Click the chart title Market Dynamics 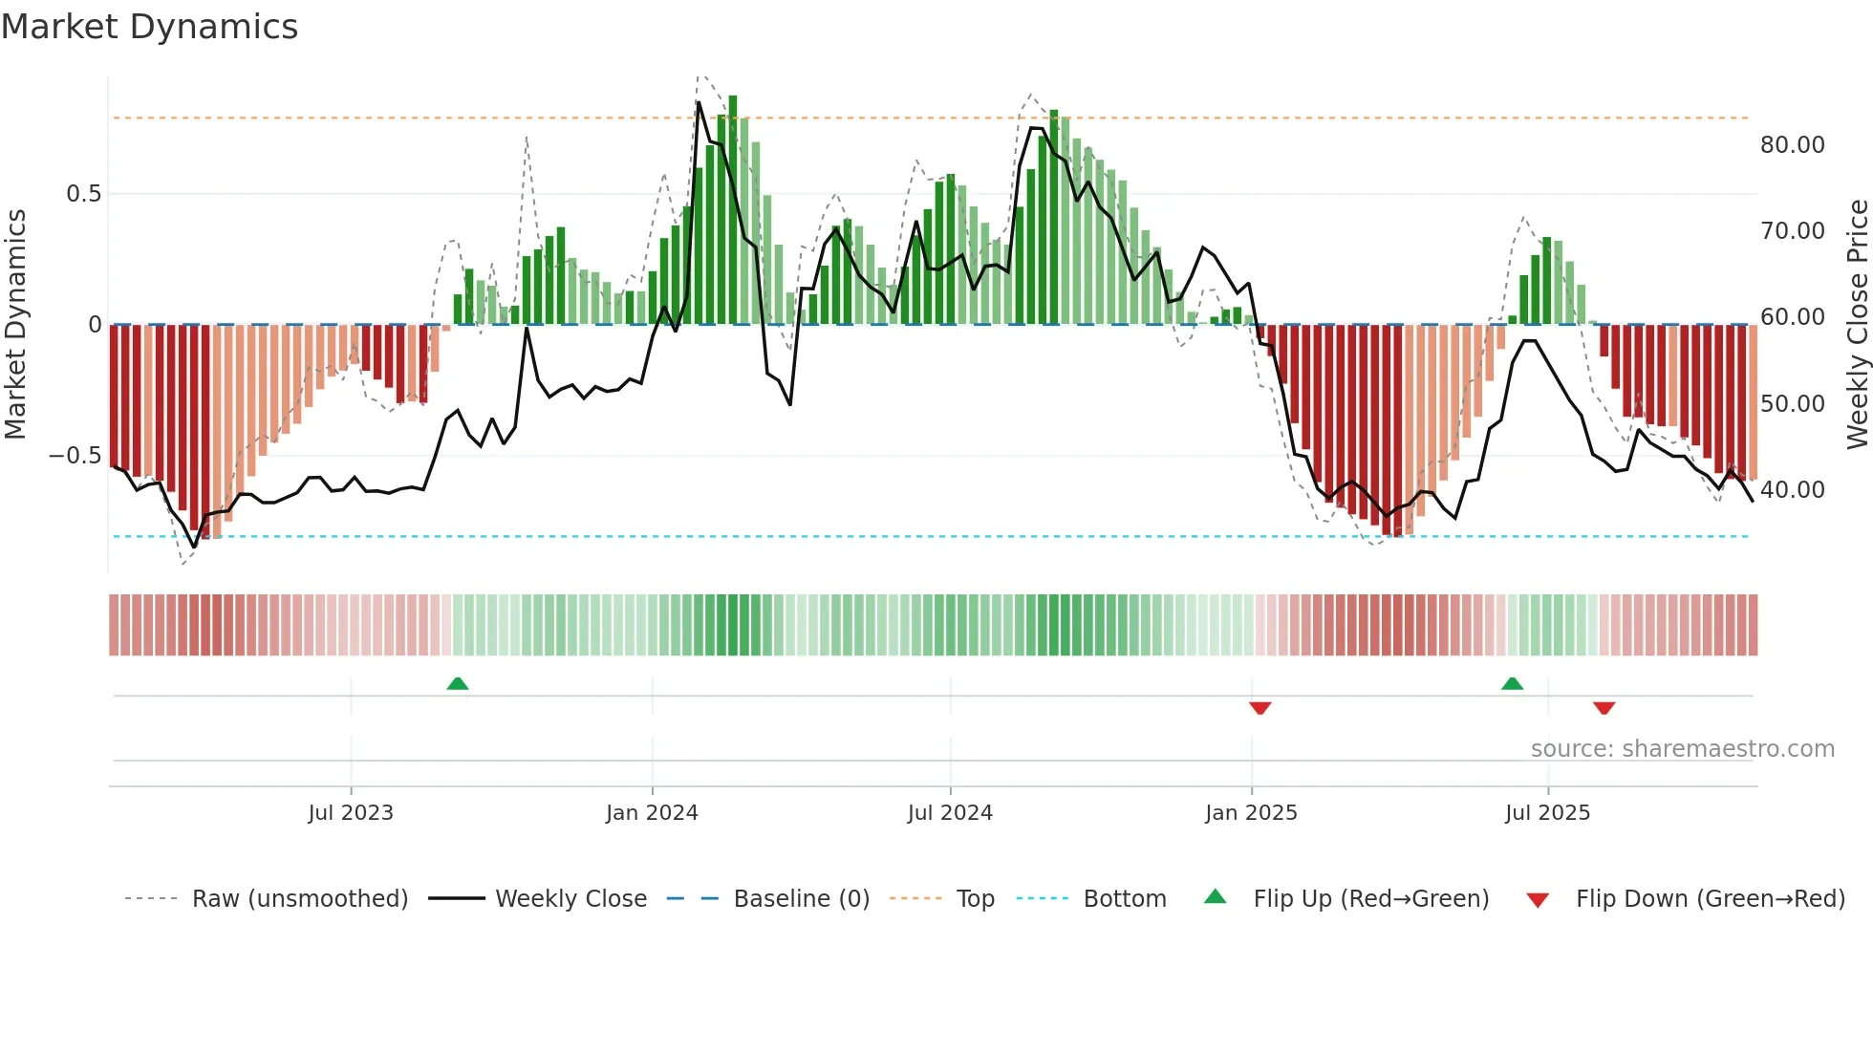(x=150, y=27)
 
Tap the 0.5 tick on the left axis (x=83, y=194)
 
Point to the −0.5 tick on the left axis (x=75, y=456)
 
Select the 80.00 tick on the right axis (x=1792, y=145)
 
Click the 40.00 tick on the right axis (x=1792, y=490)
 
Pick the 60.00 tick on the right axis (x=1792, y=317)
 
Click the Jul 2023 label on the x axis (x=351, y=813)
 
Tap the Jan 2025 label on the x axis (x=1251, y=813)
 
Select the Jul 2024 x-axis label (x=950, y=813)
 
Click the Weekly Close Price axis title (x=1857, y=324)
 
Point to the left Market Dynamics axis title (x=15, y=324)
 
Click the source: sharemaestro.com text (x=1682, y=749)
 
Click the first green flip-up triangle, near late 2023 (x=458, y=683)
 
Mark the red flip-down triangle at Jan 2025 (x=1259, y=708)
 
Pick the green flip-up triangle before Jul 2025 (x=1512, y=683)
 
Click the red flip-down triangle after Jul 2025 (x=1604, y=708)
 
